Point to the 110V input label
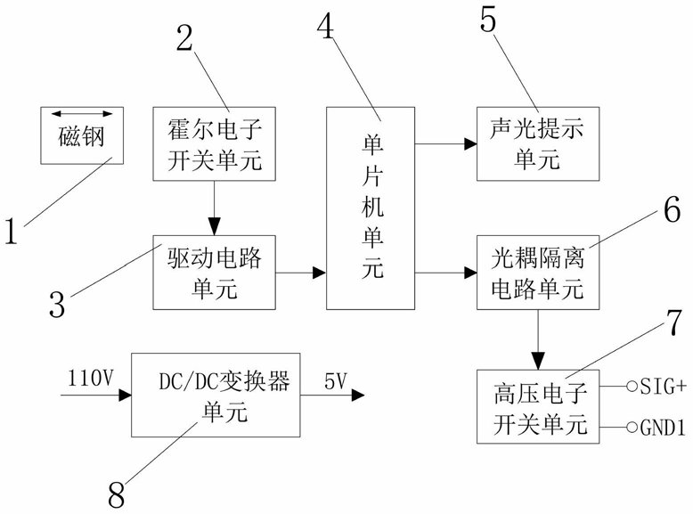click(91, 379)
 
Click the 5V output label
click(336, 381)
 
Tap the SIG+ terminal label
click(663, 387)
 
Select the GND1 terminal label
click(663, 428)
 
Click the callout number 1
click(11, 231)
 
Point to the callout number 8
click(116, 495)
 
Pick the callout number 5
click(488, 20)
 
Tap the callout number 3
click(57, 304)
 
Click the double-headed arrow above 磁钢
click(82, 114)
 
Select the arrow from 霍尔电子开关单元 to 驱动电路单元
click(215, 208)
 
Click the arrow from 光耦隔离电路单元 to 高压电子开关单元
click(538, 339)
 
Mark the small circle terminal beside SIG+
click(632, 387)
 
